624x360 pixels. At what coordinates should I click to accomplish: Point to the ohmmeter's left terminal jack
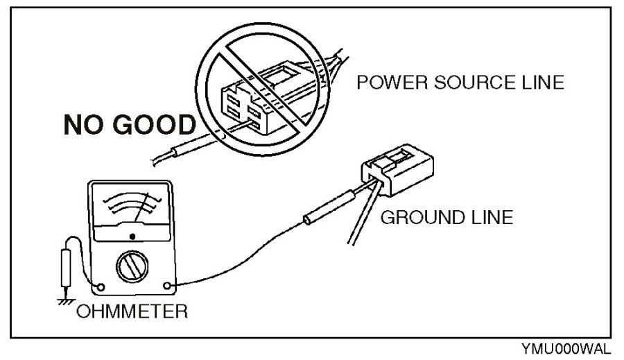point(101,286)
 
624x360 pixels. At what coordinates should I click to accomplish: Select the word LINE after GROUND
point(490,217)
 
